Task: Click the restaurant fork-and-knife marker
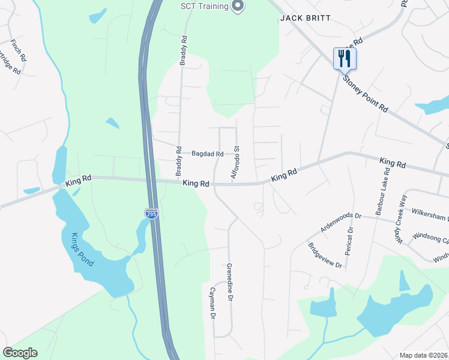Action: point(345,59)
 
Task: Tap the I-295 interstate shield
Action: point(152,214)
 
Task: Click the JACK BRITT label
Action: point(306,18)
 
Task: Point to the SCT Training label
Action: point(205,7)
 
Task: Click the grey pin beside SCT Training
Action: point(238,7)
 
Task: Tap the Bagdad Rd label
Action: point(207,154)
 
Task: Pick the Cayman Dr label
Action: point(212,301)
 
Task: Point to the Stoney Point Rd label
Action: point(364,94)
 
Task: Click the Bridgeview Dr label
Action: point(325,256)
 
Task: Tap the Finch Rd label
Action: point(17,50)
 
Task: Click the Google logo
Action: point(20,353)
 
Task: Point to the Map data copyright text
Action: point(423,355)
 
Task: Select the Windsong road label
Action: point(430,239)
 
